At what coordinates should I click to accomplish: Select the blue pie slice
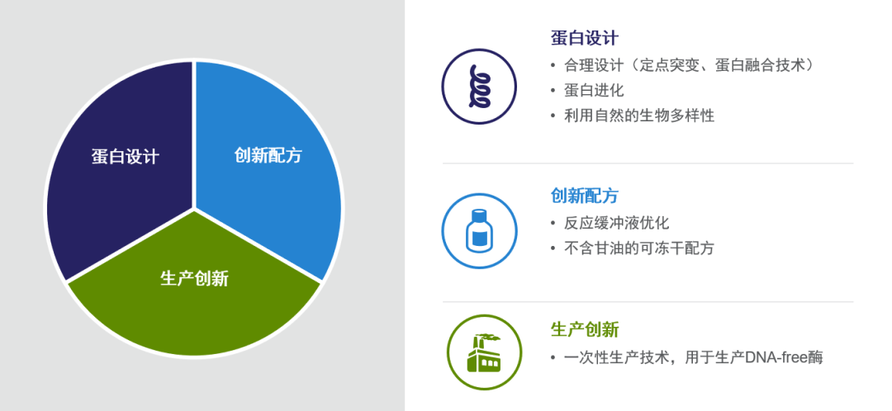[x=268, y=165]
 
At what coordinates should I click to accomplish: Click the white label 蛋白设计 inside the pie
[x=126, y=156]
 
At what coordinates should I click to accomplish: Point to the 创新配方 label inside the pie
[x=268, y=154]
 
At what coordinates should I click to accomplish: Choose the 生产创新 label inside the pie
[x=195, y=278]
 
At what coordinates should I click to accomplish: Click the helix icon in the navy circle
[x=479, y=87]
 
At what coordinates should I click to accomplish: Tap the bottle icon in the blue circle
[x=479, y=230]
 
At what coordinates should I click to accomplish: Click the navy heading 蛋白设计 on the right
[x=584, y=39]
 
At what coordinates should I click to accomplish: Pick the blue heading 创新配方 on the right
[x=584, y=196]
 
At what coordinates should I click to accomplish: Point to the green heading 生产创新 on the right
[x=584, y=330]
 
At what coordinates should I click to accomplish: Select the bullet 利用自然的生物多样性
[x=638, y=116]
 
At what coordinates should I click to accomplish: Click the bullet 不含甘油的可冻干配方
[x=638, y=248]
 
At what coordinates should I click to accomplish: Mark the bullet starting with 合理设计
[x=689, y=65]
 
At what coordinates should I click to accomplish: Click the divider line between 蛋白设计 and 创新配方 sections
[x=648, y=163]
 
